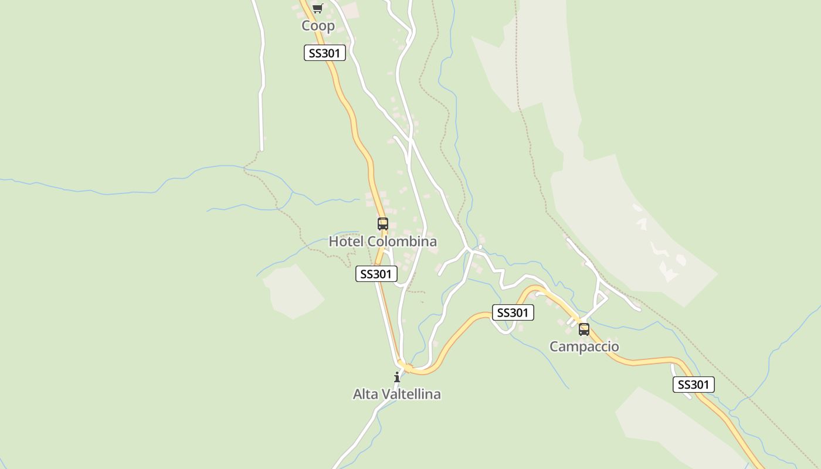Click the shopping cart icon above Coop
tap(317, 8)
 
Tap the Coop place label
tap(318, 26)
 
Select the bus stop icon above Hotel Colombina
tap(382, 223)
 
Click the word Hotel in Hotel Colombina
tap(345, 242)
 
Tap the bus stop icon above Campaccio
tap(583, 329)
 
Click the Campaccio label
tap(583, 346)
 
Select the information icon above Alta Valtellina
tap(397, 376)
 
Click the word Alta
tap(366, 395)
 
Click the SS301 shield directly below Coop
tap(324, 53)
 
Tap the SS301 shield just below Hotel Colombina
tap(376, 274)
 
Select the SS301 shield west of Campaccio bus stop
tap(513, 313)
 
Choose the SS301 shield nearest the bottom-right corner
tap(693, 385)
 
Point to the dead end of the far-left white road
tap(261, 149)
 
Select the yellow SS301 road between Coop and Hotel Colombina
tap(355, 129)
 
